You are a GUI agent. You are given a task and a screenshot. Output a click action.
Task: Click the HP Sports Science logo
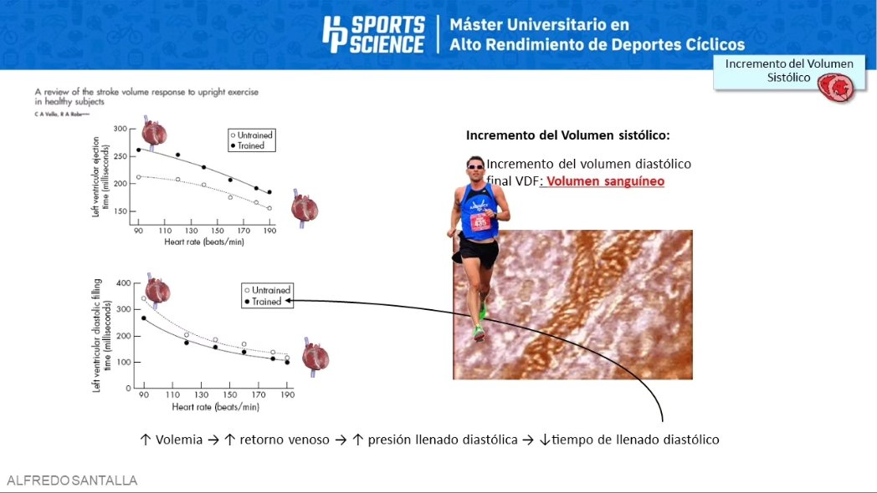373,35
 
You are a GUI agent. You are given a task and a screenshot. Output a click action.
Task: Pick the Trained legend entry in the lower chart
266,302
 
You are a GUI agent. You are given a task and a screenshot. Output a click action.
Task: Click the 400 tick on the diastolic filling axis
124,283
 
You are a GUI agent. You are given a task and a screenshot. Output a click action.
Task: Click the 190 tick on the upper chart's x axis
269,231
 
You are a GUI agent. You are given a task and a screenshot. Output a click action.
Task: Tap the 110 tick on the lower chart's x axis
173,394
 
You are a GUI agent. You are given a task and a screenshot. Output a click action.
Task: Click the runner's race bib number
480,222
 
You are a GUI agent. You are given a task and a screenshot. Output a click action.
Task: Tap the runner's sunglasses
475,166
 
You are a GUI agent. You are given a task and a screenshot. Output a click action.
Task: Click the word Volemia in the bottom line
178,440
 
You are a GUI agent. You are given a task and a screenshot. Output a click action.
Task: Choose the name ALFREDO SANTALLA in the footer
72,480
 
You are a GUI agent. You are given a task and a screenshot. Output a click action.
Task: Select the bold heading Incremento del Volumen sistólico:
568,135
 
